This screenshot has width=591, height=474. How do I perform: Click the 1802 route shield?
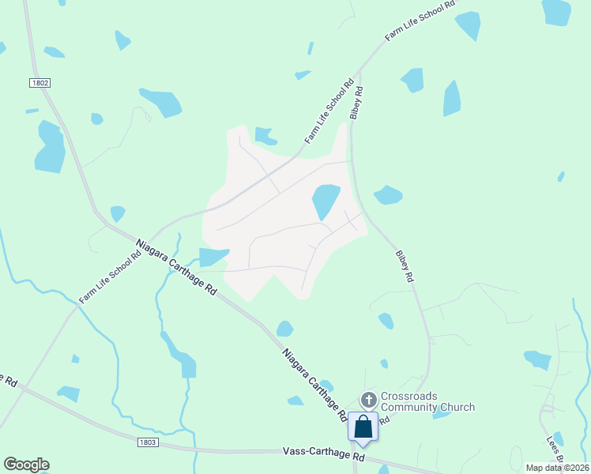pos(40,82)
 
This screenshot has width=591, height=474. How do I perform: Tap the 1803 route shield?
pos(146,442)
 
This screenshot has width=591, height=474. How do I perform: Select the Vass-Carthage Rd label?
pos(324,456)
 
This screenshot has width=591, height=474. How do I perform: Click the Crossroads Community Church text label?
pos(427,401)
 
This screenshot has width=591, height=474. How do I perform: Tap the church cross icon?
pos(368,400)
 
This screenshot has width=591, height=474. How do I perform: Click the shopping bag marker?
pos(363,427)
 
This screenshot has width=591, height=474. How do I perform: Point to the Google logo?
pos(26,465)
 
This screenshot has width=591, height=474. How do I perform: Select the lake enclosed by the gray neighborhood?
pos(325,201)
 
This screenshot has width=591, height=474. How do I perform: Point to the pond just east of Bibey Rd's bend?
pos(387,194)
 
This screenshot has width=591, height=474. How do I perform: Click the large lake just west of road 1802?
pos(50,148)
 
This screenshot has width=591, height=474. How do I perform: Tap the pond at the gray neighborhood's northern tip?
pos(265,136)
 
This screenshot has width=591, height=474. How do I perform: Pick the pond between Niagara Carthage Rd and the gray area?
pos(212,257)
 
